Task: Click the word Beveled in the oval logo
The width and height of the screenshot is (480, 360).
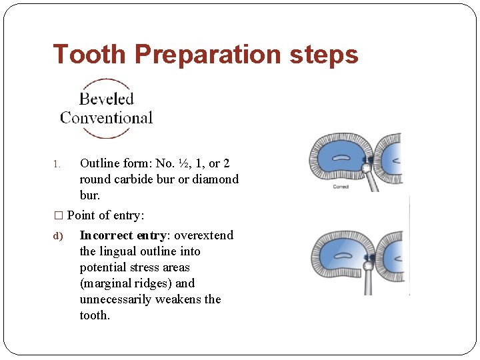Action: coord(107,99)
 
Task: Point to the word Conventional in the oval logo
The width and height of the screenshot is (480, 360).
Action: coord(107,118)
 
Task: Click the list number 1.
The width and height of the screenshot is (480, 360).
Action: coord(57,164)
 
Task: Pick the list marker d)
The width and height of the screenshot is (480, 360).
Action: coord(58,236)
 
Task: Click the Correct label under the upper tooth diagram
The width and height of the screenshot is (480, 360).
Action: coord(341,187)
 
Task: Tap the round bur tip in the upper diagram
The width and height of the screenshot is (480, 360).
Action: coord(367,169)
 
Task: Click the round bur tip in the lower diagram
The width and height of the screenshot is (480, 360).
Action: coord(367,265)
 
